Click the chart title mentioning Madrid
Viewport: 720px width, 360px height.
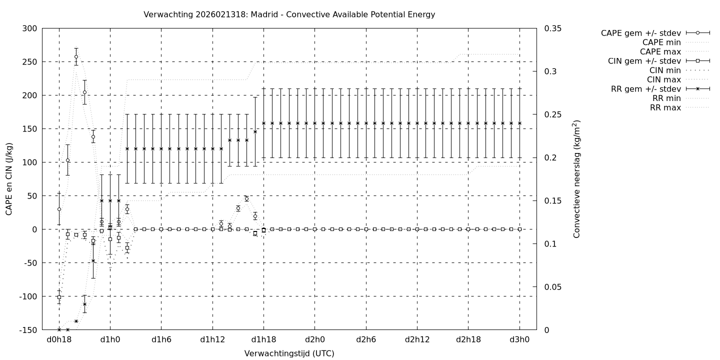click(x=289, y=14)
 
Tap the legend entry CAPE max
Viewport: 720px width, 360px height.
click(x=660, y=51)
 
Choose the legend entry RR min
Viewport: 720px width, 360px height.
click(x=665, y=98)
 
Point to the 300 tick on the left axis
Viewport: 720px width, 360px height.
click(x=29, y=28)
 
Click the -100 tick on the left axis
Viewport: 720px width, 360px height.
click(x=27, y=296)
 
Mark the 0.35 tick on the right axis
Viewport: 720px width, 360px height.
click(x=552, y=28)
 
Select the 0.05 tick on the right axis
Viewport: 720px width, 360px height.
click(x=552, y=287)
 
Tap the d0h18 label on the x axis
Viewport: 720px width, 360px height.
click(x=59, y=339)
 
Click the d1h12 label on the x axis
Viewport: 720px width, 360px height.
click(x=212, y=339)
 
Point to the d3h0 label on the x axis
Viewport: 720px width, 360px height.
click(x=519, y=339)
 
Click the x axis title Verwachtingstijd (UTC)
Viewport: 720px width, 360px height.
click(x=289, y=353)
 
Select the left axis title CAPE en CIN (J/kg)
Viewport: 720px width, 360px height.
click(x=9, y=178)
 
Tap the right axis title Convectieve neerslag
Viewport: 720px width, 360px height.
click(x=577, y=178)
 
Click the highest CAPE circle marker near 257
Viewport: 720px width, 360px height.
click(x=76, y=56)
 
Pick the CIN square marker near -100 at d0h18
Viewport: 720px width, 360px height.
click(x=59, y=297)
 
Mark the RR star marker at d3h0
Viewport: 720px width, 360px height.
click(x=519, y=123)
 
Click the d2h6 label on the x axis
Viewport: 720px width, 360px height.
click(x=366, y=339)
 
